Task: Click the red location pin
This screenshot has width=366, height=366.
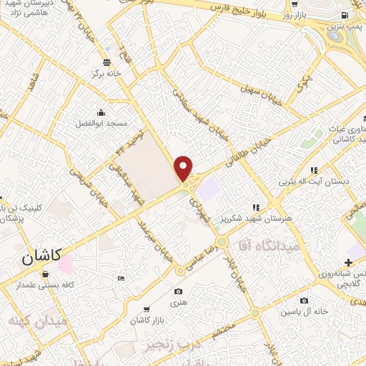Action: point(184,168)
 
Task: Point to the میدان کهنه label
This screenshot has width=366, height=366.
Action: point(37,321)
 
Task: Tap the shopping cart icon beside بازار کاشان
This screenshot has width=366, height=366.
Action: point(147,310)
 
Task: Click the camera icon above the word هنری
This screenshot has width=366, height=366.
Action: point(178,291)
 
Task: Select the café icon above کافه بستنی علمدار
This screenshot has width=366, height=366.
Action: point(46,274)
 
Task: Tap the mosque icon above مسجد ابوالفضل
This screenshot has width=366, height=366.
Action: point(101,112)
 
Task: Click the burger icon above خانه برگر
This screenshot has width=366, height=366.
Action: point(107,61)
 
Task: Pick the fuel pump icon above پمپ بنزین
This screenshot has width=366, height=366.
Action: point(345,16)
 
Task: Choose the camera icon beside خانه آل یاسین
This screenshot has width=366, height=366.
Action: point(305,301)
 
